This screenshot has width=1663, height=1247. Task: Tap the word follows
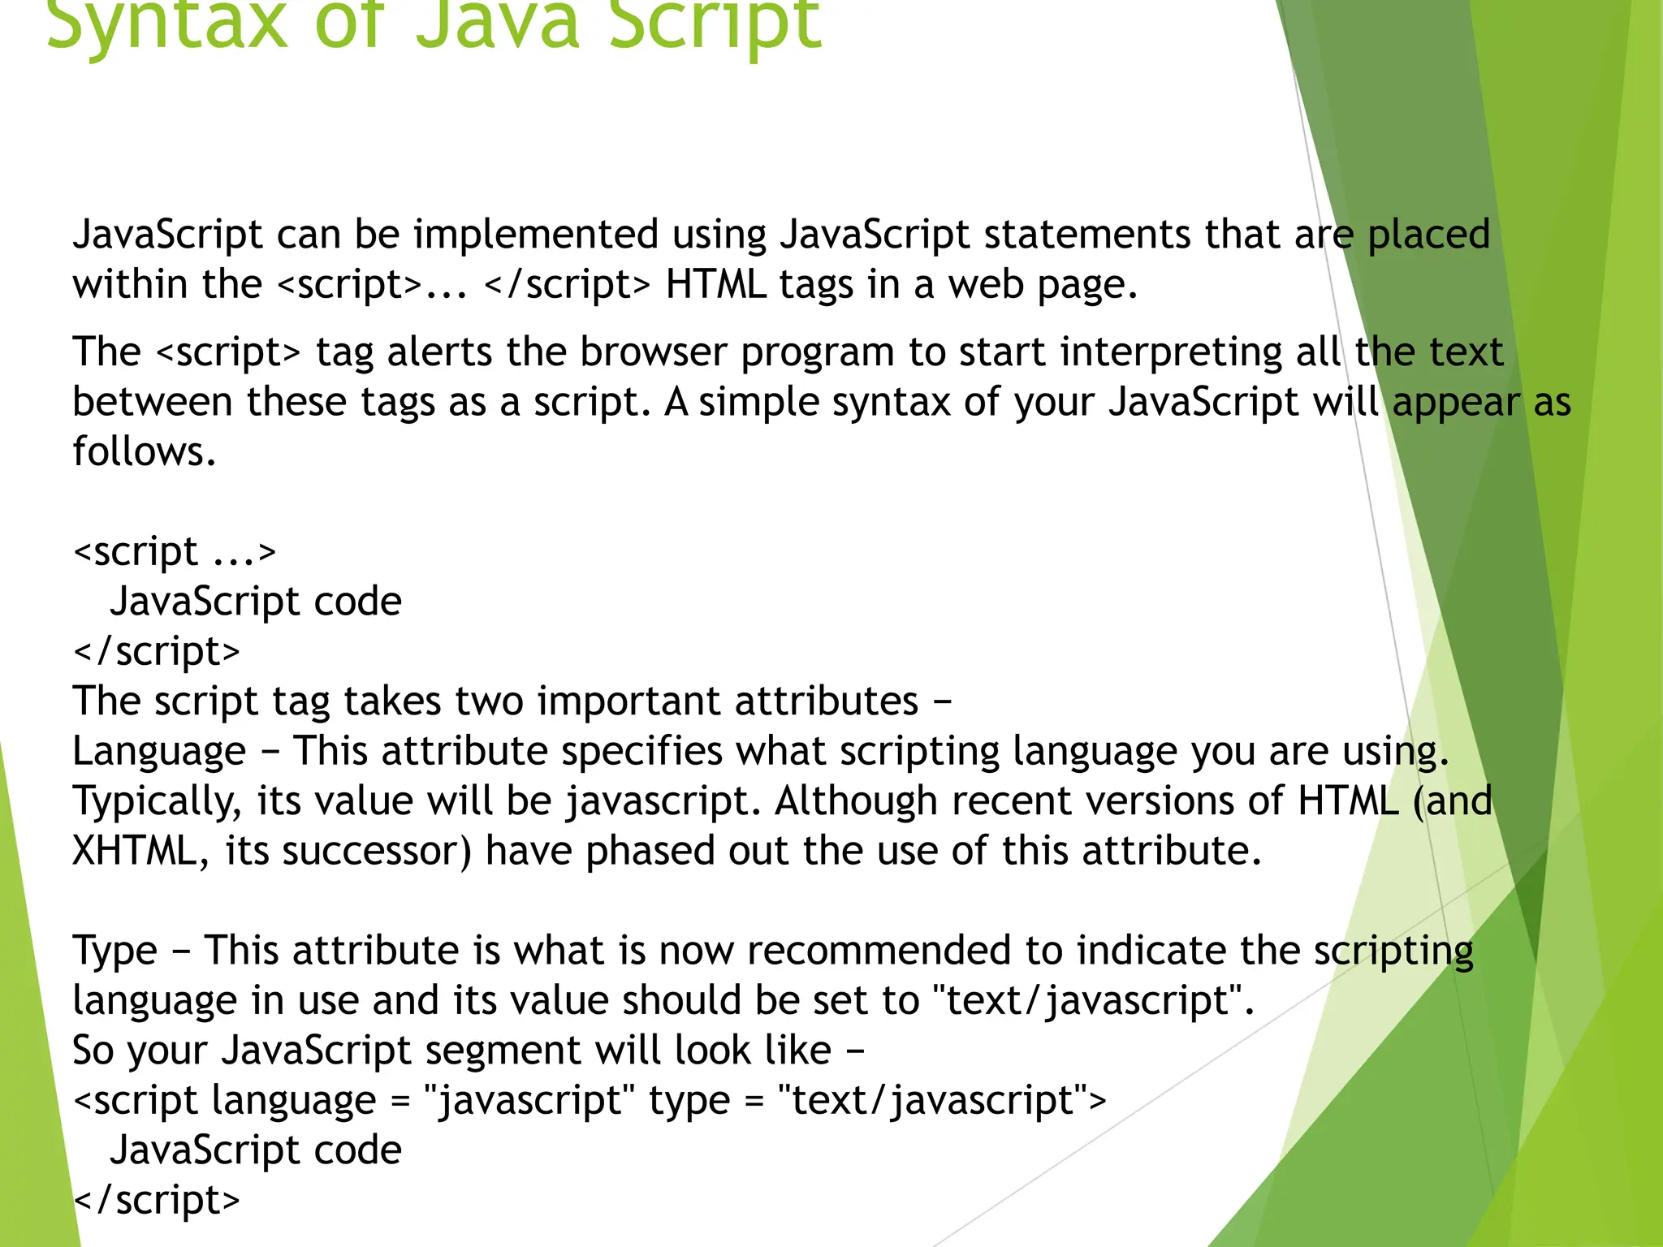point(144,451)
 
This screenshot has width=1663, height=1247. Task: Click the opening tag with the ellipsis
point(175,552)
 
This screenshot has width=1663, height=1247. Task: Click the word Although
point(857,802)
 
